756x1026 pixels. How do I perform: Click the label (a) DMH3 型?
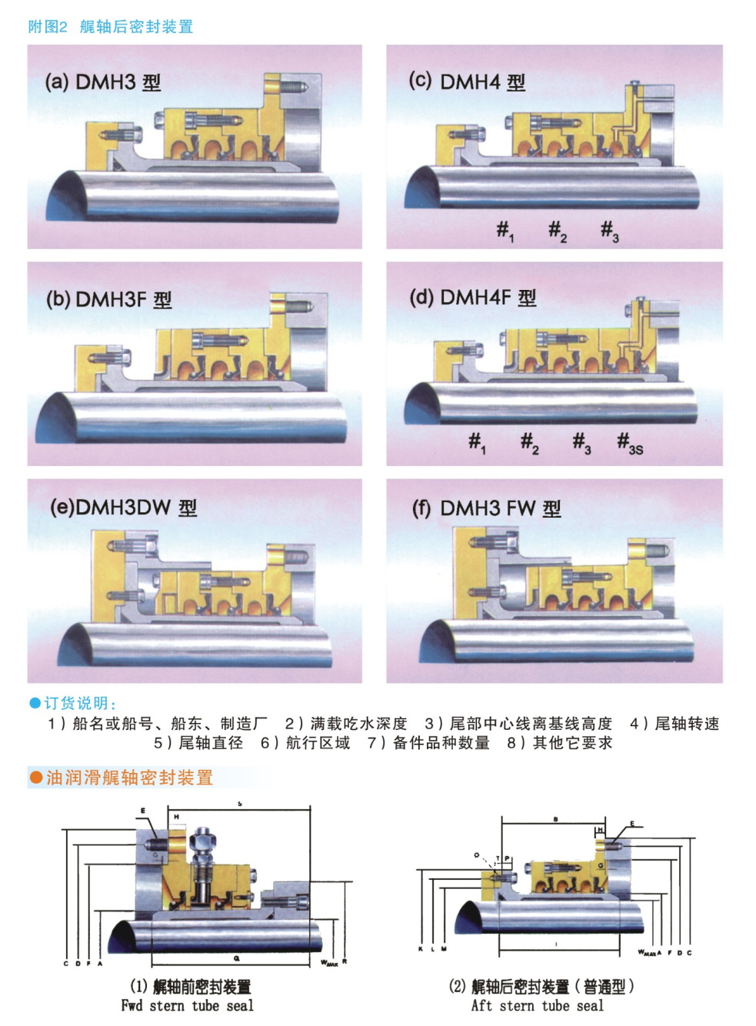[x=103, y=82]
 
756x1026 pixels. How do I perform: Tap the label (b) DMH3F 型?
[x=108, y=299]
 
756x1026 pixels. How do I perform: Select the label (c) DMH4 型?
[x=467, y=82]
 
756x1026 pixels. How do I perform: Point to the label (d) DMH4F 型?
[x=472, y=298]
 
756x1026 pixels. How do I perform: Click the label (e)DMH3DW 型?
[x=123, y=508]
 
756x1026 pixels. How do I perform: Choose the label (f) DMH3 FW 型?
[x=486, y=508]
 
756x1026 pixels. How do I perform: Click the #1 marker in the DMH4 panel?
[x=505, y=230]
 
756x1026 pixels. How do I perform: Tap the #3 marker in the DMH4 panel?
[x=609, y=230]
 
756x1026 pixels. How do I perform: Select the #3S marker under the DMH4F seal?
[x=629, y=443]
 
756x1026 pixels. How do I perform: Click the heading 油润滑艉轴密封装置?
[x=128, y=778]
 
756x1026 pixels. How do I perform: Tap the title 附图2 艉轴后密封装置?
[x=110, y=27]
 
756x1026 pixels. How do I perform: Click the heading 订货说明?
[x=79, y=703]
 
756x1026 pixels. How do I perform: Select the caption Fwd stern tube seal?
[x=187, y=1006]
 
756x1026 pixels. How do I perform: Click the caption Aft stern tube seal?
[x=537, y=1006]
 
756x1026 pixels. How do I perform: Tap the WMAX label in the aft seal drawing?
[x=647, y=953]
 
